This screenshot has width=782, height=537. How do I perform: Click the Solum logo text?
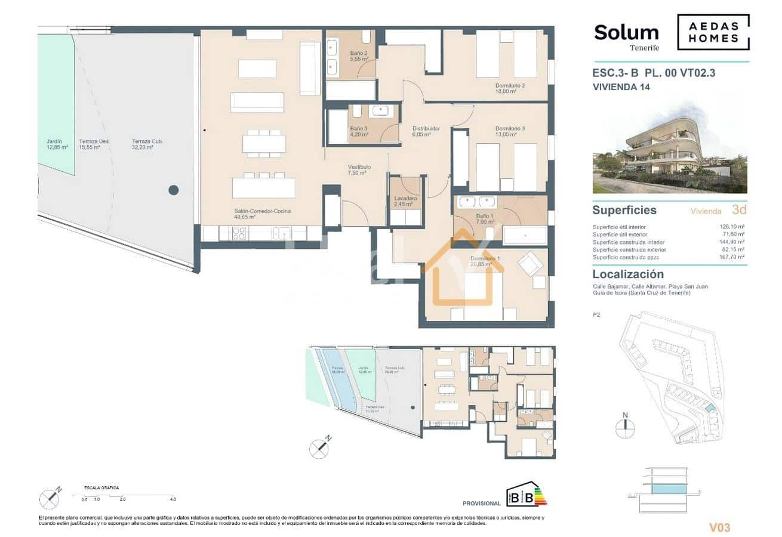click(x=626, y=33)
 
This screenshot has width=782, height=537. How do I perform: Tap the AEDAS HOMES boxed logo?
click(x=713, y=32)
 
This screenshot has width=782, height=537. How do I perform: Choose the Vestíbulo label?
click(x=360, y=171)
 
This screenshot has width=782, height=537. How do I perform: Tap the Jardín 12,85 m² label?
click(x=57, y=144)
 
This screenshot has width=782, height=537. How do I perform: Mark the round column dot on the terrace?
click(x=173, y=190)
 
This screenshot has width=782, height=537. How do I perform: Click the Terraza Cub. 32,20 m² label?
click(x=148, y=144)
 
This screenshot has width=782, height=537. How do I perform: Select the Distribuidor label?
click(x=426, y=131)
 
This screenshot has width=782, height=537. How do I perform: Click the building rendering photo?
click(x=670, y=155)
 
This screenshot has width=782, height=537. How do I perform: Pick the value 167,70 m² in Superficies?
click(x=734, y=257)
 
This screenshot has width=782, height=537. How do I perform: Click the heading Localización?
click(x=627, y=274)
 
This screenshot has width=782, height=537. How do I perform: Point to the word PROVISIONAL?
click(x=482, y=504)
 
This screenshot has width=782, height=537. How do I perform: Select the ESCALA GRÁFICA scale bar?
click(x=122, y=496)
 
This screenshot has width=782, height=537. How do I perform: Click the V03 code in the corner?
click(x=719, y=527)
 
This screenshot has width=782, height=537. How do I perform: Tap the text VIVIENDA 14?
click(x=620, y=87)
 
